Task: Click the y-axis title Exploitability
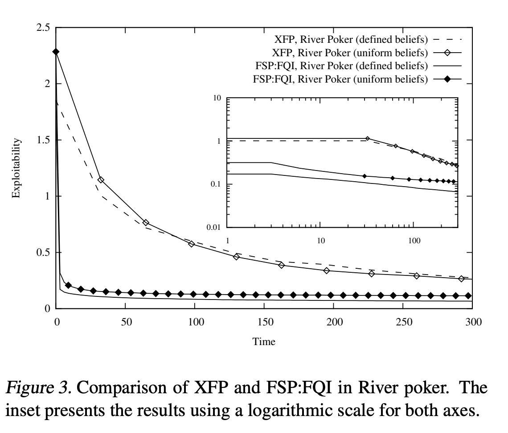click(16, 168)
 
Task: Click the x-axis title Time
click(264, 341)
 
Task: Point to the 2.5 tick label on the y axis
click(43, 28)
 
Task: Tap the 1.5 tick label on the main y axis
click(43, 140)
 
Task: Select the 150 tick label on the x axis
click(265, 322)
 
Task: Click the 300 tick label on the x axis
click(473, 322)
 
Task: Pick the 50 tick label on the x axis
click(127, 322)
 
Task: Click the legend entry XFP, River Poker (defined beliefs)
click(351, 40)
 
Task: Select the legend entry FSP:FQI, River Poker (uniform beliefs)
click(340, 79)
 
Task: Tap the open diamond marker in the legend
click(447, 53)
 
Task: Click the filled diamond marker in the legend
click(447, 79)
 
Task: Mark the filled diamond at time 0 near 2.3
click(56, 52)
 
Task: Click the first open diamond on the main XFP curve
click(101, 180)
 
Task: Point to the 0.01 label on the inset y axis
click(213, 227)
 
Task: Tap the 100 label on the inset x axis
click(414, 241)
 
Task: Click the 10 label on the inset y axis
click(217, 98)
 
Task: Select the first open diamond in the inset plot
click(367, 138)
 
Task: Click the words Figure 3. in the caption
click(39, 387)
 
